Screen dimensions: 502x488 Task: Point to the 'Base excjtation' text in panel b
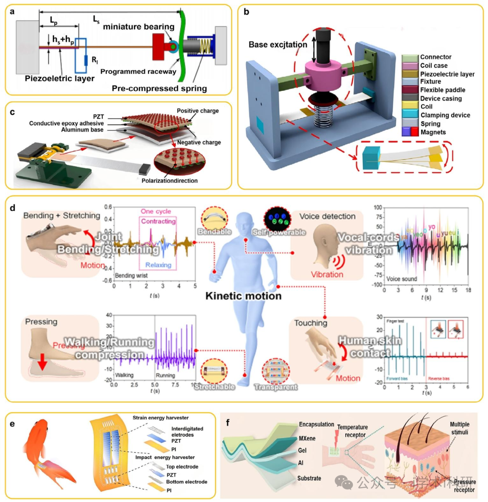275,45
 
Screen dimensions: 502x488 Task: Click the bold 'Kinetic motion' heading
244,297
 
